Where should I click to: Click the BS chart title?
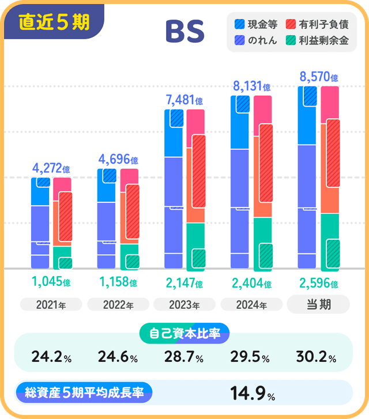[x=184, y=32]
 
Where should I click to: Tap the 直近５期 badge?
[x=54, y=22]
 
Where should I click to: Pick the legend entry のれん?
[x=256, y=40]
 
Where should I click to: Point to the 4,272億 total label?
[x=51, y=169]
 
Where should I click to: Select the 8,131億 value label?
[x=252, y=86]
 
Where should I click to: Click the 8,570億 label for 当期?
[x=319, y=77]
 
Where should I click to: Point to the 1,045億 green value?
[x=51, y=282]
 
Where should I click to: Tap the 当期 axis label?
[x=318, y=304]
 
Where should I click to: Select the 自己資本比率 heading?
[x=184, y=333]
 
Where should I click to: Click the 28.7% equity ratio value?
[x=184, y=357]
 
